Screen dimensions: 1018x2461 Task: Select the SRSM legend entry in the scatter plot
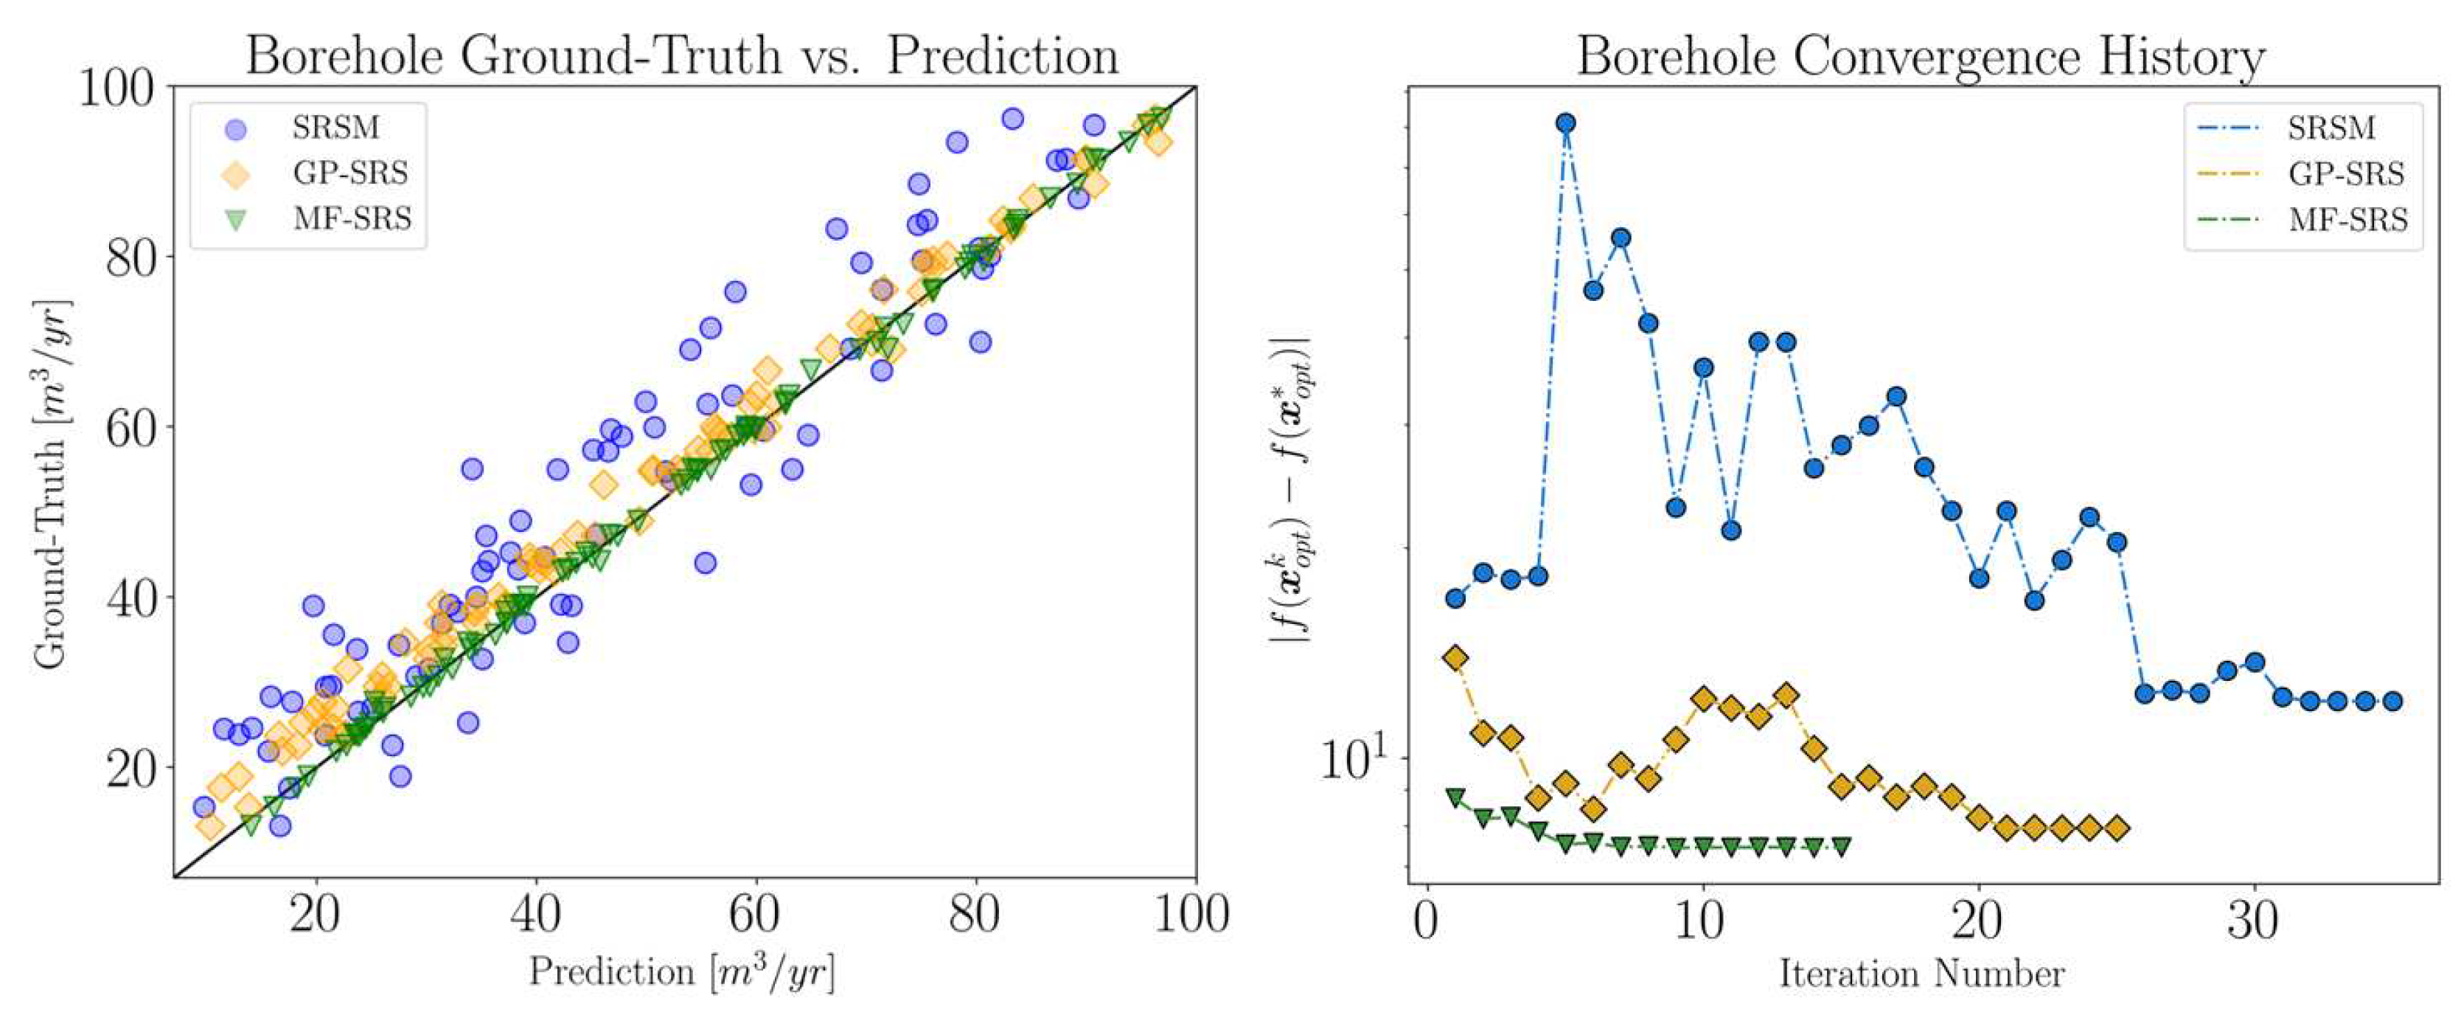point(335,127)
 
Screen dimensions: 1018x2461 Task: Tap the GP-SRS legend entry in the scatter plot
point(349,173)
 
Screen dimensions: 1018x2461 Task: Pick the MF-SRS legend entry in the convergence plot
point(2347,220)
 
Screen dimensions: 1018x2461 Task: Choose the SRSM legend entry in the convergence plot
point(2330,127)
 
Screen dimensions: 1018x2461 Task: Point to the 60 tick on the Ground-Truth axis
point(130,427)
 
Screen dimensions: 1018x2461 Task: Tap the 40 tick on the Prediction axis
point(534,915)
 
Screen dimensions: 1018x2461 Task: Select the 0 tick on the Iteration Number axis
point(1427,921)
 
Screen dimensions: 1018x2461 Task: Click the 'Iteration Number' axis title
point(1921,974)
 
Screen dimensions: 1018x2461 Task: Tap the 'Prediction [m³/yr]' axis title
point(682,972)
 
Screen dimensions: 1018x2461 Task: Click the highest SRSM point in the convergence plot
point(1566,123)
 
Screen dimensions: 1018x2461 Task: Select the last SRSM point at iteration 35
point(2392,701)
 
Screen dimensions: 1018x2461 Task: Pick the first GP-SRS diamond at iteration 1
point(1455,657)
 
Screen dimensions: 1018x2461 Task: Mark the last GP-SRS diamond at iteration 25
point(2117,828)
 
